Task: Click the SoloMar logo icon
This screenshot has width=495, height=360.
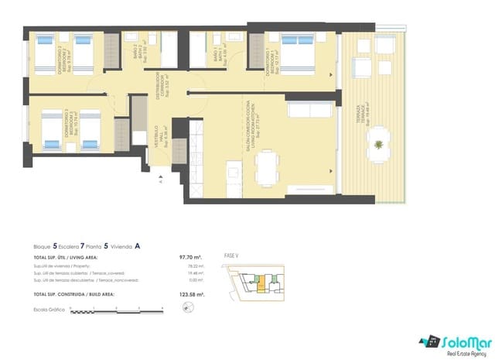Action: tap(427, 341)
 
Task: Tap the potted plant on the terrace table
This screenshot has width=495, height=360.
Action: tap(378, 145)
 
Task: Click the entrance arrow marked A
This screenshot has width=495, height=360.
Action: tap(161, 182)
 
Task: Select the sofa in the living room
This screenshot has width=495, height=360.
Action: tap(305, 111)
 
